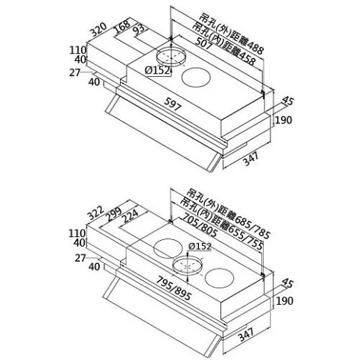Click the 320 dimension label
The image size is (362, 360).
98,29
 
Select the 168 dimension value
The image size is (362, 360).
122,27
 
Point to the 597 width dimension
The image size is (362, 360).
173,104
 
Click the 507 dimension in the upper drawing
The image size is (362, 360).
203,44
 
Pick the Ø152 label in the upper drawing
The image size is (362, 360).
158,71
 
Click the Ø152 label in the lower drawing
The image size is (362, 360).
200,246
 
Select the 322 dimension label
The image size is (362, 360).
95,212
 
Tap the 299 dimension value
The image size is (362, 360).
113,214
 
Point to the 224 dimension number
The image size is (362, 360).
130,216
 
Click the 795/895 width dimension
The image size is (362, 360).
174,288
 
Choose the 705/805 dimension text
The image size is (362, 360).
200,225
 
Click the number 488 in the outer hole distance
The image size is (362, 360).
253,49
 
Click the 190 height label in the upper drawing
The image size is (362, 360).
283,120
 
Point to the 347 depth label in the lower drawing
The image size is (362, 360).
246,334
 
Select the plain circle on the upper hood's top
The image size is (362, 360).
196,78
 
